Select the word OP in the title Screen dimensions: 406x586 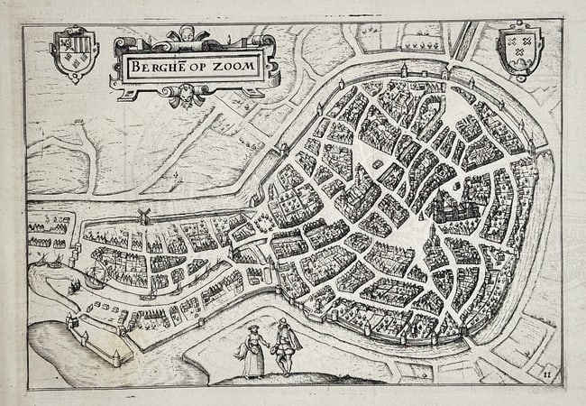(197, 65)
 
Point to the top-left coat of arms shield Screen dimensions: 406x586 (73, 52)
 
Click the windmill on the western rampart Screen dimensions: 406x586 (142, 217)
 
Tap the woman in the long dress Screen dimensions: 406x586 (252, 352)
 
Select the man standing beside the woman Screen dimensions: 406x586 (285, 348)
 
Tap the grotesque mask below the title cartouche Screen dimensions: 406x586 (187, 93)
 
